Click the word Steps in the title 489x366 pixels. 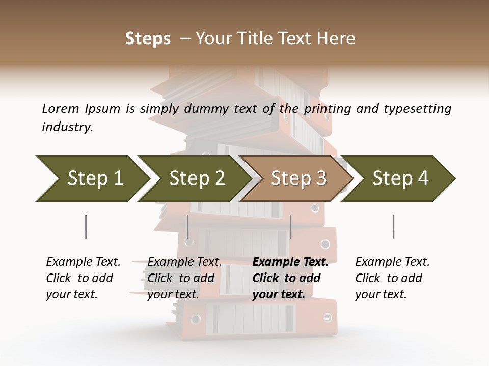[x=148, y=39]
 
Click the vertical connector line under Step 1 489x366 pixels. [x=86, y=227]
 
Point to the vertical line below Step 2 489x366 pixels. [x=188, y=227]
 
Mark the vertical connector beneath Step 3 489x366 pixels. [x=290, y=227]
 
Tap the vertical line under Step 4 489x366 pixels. [x=393, y=227]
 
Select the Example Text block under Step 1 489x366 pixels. [x=83, y=278]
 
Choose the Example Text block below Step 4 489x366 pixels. [x=392, y=278]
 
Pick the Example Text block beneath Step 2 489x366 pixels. [x=184, y=278]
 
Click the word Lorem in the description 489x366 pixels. [x=61, y=109]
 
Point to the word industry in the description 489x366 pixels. [x=67, y=127]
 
